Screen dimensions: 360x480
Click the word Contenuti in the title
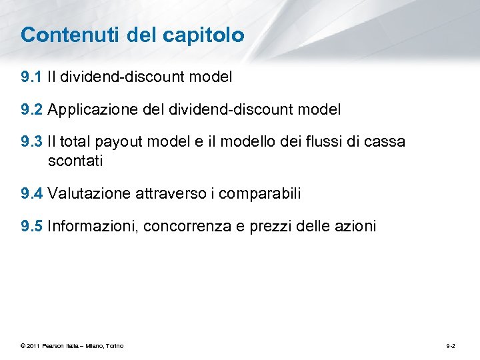(x=59, y=35)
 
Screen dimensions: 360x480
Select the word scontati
(x=75, y=161)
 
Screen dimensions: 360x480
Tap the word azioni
(x=355, y=226)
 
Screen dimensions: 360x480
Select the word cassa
(x=385, y=141)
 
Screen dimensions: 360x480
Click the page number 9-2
(x=451, y=345)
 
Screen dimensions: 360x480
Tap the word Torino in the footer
(x=114, y=345)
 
